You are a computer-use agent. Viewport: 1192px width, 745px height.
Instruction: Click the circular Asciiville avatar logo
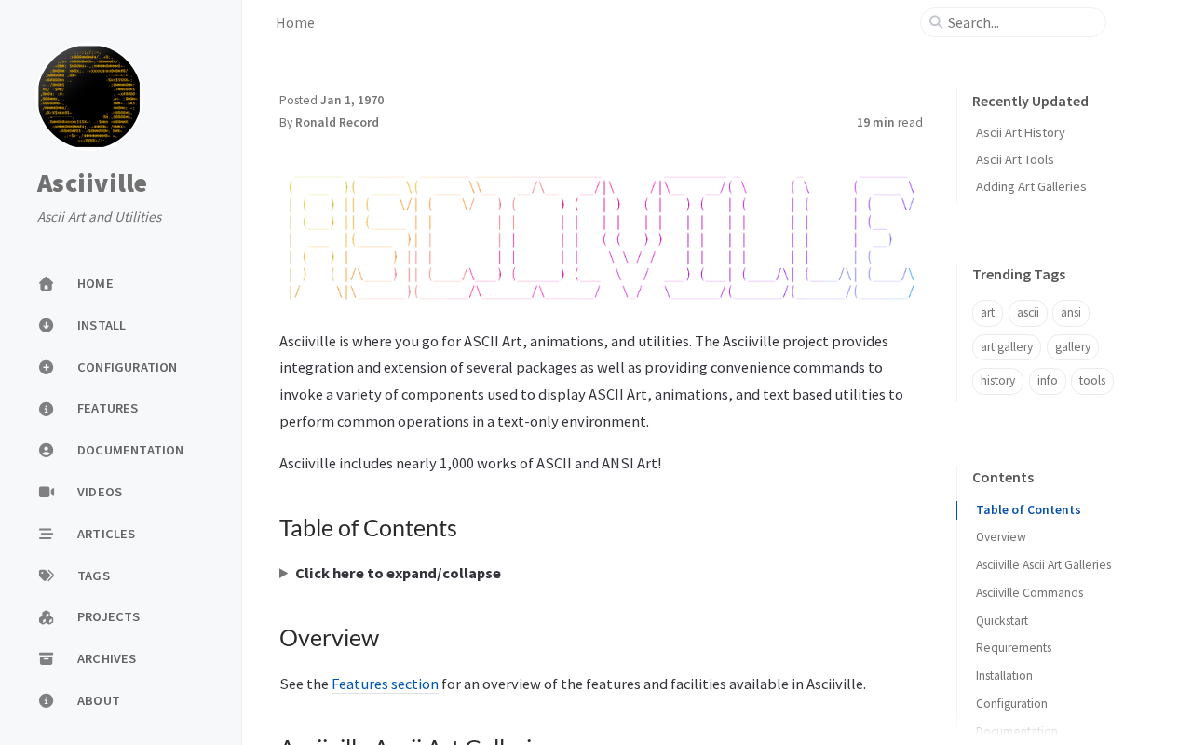tap(89, 97)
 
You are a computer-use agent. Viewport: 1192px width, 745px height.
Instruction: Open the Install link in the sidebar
tap(101, 325)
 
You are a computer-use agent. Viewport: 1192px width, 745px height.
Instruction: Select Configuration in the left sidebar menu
tap(127, 367)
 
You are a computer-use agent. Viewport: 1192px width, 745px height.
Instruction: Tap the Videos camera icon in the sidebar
tap(47, 492)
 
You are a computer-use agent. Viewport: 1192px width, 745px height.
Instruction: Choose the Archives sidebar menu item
tap(106, 658)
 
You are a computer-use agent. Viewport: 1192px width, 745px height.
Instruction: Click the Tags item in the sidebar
tap(93, 576)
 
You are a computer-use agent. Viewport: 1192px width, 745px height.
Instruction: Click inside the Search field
tap(1020, 22)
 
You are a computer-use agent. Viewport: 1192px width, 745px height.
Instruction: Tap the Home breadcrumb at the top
tap(295, 22)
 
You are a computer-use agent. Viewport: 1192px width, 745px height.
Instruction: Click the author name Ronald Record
tap(337, 122)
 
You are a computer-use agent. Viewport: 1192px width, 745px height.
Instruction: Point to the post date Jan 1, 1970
tap(352, 100)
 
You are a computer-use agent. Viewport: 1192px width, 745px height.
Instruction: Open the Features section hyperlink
tap(385, 684)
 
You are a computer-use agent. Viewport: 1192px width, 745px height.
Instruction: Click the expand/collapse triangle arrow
tap(284, 573)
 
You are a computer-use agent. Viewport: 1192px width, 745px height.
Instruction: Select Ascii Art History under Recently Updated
tap(1020, 132)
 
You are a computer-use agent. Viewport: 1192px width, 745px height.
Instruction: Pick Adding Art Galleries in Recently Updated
tap(1031, 186)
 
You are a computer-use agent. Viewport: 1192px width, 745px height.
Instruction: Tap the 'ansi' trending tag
tap(1070, 313)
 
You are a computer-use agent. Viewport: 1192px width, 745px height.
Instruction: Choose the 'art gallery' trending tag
tap(1006, 347)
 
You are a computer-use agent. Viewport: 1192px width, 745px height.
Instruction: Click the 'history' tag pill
tap(997, 381)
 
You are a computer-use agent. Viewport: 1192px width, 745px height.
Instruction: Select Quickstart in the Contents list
tap(1001, 620)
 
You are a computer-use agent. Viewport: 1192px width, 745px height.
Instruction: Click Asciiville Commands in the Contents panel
tap(1029, 592)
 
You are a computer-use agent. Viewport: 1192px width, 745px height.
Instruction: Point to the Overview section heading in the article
tap(329, 638)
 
